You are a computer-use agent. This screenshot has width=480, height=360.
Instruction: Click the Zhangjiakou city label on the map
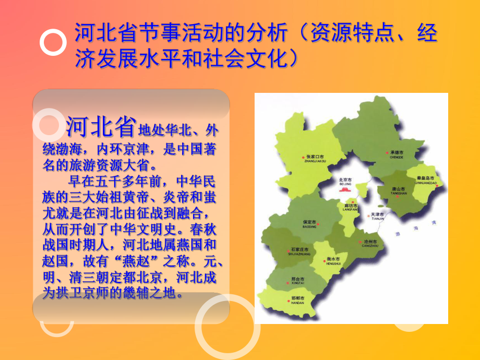coord(315,158)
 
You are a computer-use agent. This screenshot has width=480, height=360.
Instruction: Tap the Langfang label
coord(350,207)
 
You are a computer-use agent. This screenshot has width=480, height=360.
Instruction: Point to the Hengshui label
coord(333,260)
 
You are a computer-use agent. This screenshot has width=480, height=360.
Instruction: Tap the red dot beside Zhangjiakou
coord(303,157)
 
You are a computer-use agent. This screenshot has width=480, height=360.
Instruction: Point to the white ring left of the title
coord(53,43)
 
